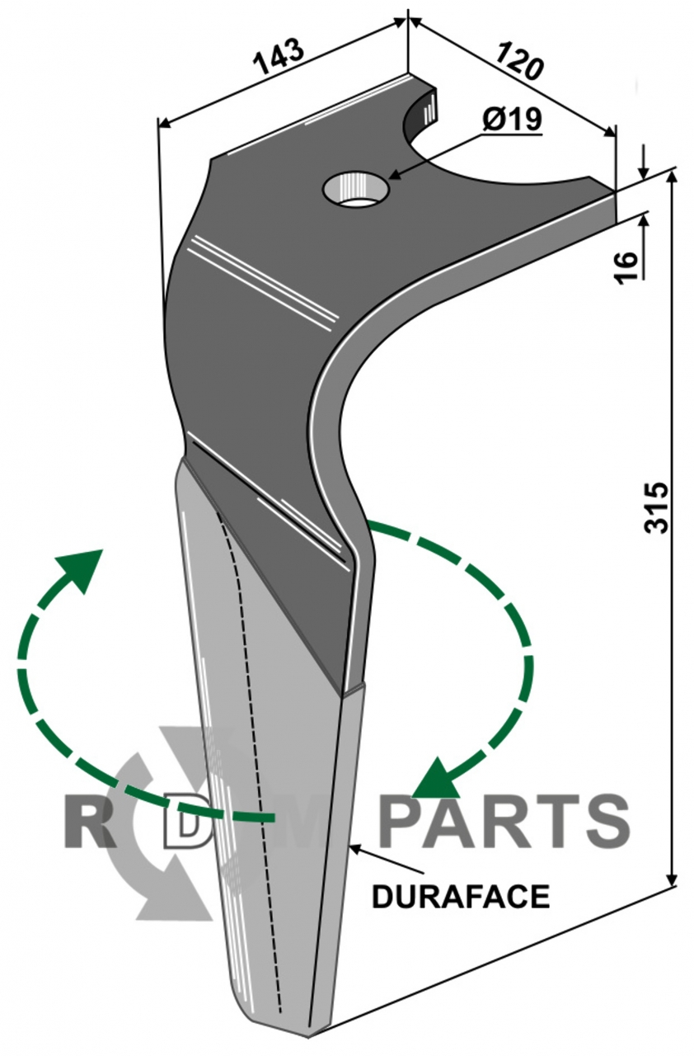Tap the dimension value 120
pyautogui.click(x=519, y=60)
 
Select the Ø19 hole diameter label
pyautogui.click(x=513, y=120)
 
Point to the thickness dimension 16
pyautogui.click(x=626, y=268)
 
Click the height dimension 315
pyautogui.click(x=656, y=507)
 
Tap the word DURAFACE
pyautogui.click(x=461, y=896)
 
